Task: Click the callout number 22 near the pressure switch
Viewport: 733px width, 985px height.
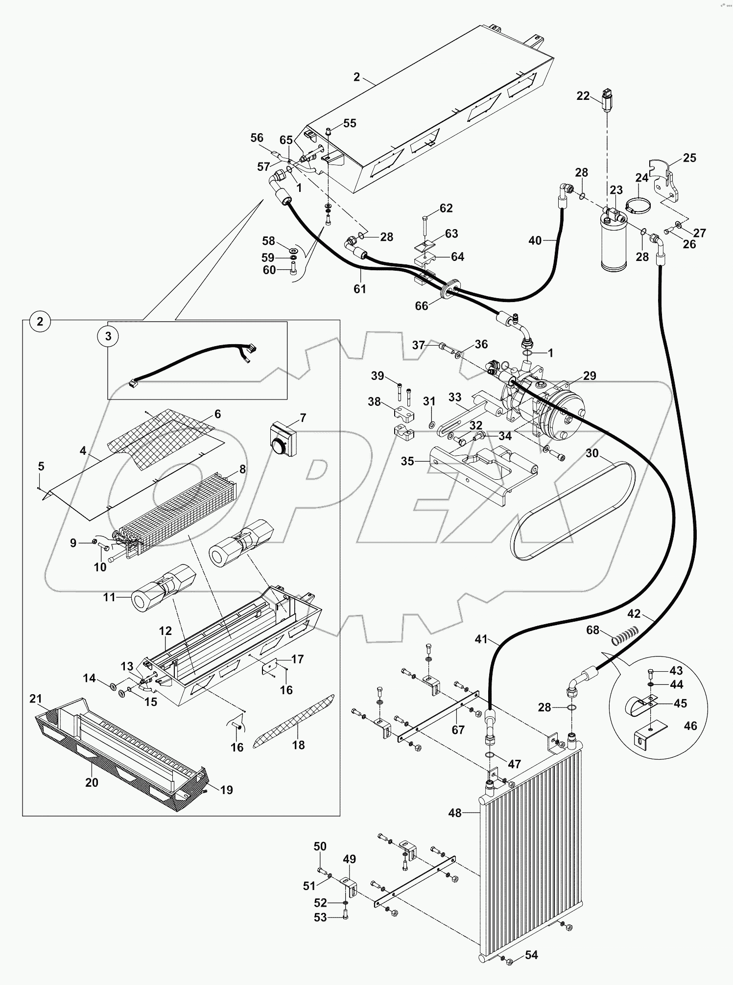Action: point(583,96)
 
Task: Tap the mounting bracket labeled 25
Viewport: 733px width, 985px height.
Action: point(667,181)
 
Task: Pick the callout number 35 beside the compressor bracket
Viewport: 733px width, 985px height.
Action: point(407,461)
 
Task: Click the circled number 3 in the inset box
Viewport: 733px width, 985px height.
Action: point(108,336)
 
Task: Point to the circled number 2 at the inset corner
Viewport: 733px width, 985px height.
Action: point(40,322)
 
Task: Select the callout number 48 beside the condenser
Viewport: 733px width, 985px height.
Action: point(455,813)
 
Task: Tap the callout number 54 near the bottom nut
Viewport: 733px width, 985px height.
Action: point(531,955)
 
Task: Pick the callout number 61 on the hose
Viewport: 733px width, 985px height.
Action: point(360,289)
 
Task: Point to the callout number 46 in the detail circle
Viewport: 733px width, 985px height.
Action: point(690,726)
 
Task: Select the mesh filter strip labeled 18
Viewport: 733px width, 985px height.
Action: point(294,722)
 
